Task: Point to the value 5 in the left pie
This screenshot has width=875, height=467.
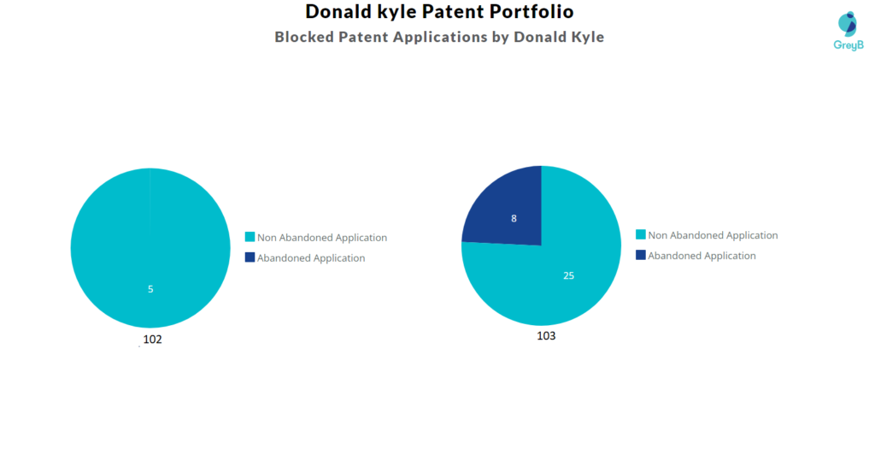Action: pos(150,289)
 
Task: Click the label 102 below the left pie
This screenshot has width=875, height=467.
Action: pos(152,340)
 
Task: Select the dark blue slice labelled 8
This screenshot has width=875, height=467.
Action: pos(504,210)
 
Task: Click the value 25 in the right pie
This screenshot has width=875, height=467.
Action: pos(568,275)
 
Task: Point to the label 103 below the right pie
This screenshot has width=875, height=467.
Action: pos(546,336)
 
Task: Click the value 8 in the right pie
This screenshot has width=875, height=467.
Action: pos(514,218)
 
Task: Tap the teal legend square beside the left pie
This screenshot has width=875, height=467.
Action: pos(250,237)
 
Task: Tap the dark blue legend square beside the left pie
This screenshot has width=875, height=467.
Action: pos(250,257)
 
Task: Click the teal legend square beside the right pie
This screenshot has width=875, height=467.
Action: pos(640,234)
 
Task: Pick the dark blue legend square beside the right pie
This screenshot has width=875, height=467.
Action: pos(640,255)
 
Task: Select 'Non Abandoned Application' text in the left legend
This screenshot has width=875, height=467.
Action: pos(322,238)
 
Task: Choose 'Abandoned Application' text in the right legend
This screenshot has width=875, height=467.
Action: pos(702,256)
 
